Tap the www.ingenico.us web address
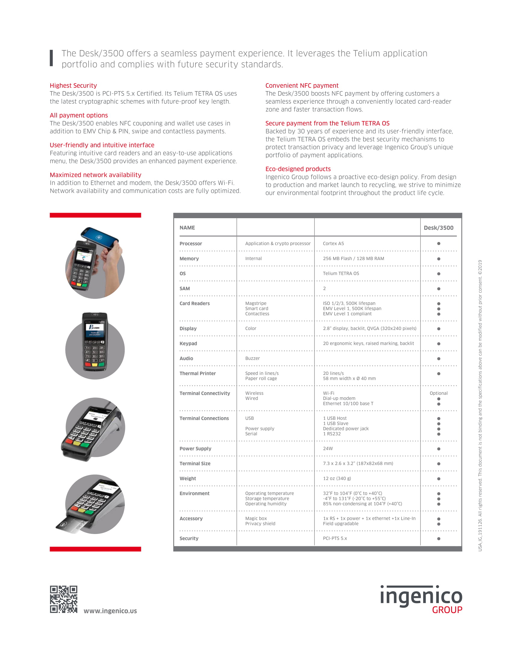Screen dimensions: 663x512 point(110,611)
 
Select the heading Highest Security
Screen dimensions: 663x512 point(73,86)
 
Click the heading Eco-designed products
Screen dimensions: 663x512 point(298,169)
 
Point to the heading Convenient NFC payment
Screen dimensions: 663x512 point(302,86)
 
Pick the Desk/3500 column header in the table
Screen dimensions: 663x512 point(438,228)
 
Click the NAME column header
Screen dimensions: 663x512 point(187,228)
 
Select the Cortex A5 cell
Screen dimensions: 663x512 point(333,244)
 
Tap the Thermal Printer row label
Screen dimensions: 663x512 point(198,373)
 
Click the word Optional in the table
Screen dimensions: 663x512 point(438,393)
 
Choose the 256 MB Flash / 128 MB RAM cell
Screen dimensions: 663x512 point(353,259)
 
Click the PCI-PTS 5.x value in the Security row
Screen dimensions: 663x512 point(335,538)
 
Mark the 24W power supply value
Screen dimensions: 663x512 point(328,448)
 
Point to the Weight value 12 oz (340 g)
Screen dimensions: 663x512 point(337,479)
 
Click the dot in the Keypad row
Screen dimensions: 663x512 point(439,344)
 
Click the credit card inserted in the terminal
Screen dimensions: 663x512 point(73,525)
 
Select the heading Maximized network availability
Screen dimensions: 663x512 point(95,175)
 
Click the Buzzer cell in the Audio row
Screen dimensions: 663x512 point(252,359)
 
